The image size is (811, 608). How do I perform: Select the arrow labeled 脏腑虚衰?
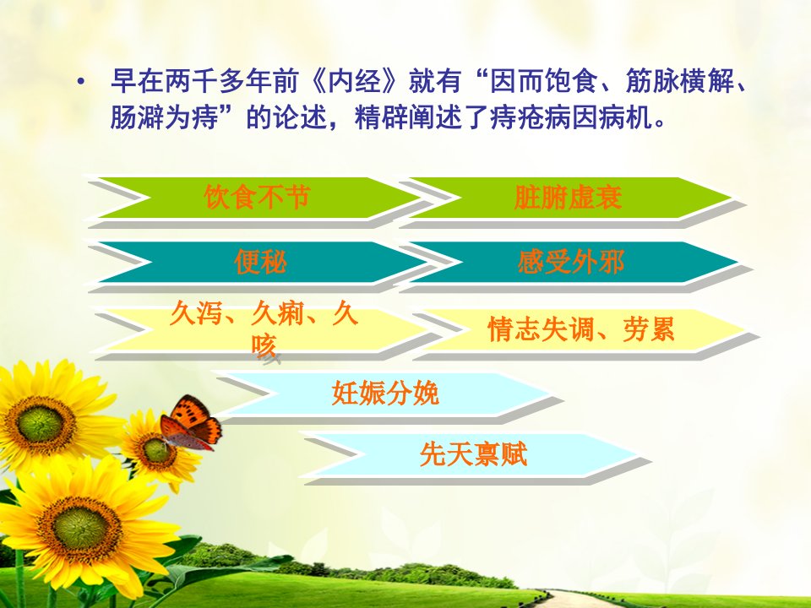tap(569, 198)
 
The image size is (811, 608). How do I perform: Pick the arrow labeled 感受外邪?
tap(572, 262)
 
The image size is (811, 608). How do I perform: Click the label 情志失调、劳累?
tap(581, 329)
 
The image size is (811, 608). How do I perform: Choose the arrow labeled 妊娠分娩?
tap(385, 394)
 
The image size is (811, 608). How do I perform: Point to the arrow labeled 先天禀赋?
tap(473, 454)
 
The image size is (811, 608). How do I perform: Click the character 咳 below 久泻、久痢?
tap(264, 346)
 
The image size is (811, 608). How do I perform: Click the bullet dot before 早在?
tap(80, 83)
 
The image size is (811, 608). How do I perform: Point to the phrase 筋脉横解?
tap(679, 81)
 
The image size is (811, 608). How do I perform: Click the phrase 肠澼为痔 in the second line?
tap(163, 118)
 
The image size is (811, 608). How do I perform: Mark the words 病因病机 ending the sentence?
tap(599, 118)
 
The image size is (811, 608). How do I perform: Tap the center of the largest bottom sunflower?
tap(81, 528)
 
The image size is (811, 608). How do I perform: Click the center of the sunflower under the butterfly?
tap(157, 450)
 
